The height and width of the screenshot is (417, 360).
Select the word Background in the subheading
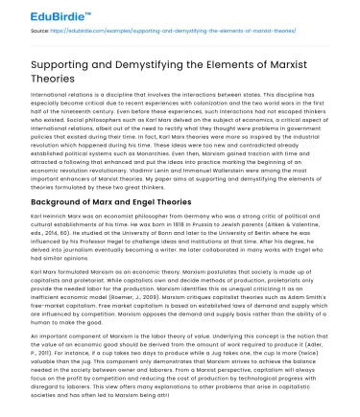pyautogui.click(x=64, y=204)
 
